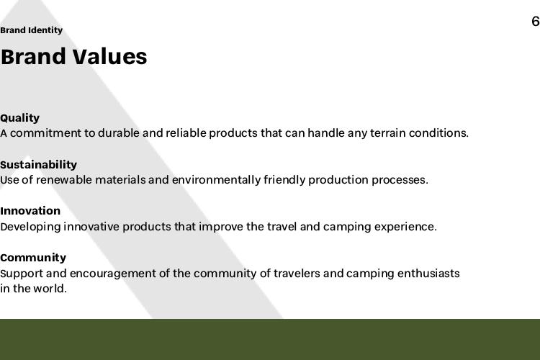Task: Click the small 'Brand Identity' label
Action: click(x=32, y=30)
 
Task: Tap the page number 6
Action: click(x=536, y=22)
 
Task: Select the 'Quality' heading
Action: click(x=19, y=118)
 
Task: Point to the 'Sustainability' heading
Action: click(x=38, y=165)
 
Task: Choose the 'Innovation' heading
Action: click(x=30, y=211)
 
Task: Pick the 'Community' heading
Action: click(x=33, y=258)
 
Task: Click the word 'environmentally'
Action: click(x=216, y=180)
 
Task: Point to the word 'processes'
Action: click(x=400, y=180)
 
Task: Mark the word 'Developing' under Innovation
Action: click(x=30, y=227)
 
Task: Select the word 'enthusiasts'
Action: click(x=428, y=274)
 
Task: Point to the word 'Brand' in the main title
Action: click(x=33, y=56)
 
